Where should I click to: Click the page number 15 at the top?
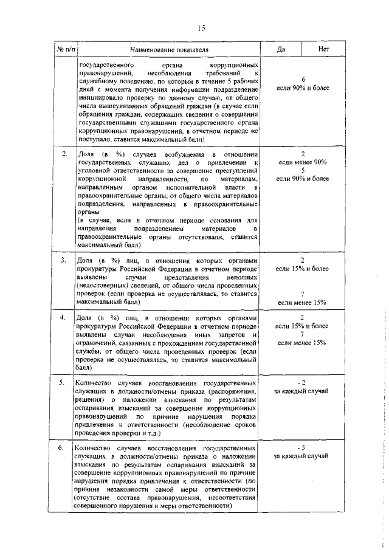[x=201, y=27]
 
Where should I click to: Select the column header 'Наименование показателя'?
[x=168, y=49]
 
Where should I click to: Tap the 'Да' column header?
[x=281, y=49]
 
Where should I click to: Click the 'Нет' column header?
[x=324, y=49]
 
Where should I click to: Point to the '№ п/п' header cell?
[x=65, y=49]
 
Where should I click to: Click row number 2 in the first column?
[x=64, y=154]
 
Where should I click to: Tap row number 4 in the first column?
[x=64, y=318]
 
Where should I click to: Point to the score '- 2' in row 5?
[x=301, y=382]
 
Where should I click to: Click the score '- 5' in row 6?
[x=301, y=447]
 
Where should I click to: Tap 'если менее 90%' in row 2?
[x=302, y=162]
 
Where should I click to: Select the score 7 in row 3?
[x=302, y=294]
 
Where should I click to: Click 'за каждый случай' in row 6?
[x=302, y=456]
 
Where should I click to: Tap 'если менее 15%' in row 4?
[x=302, y=343]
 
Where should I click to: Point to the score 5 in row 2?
[x=302, y=171]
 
